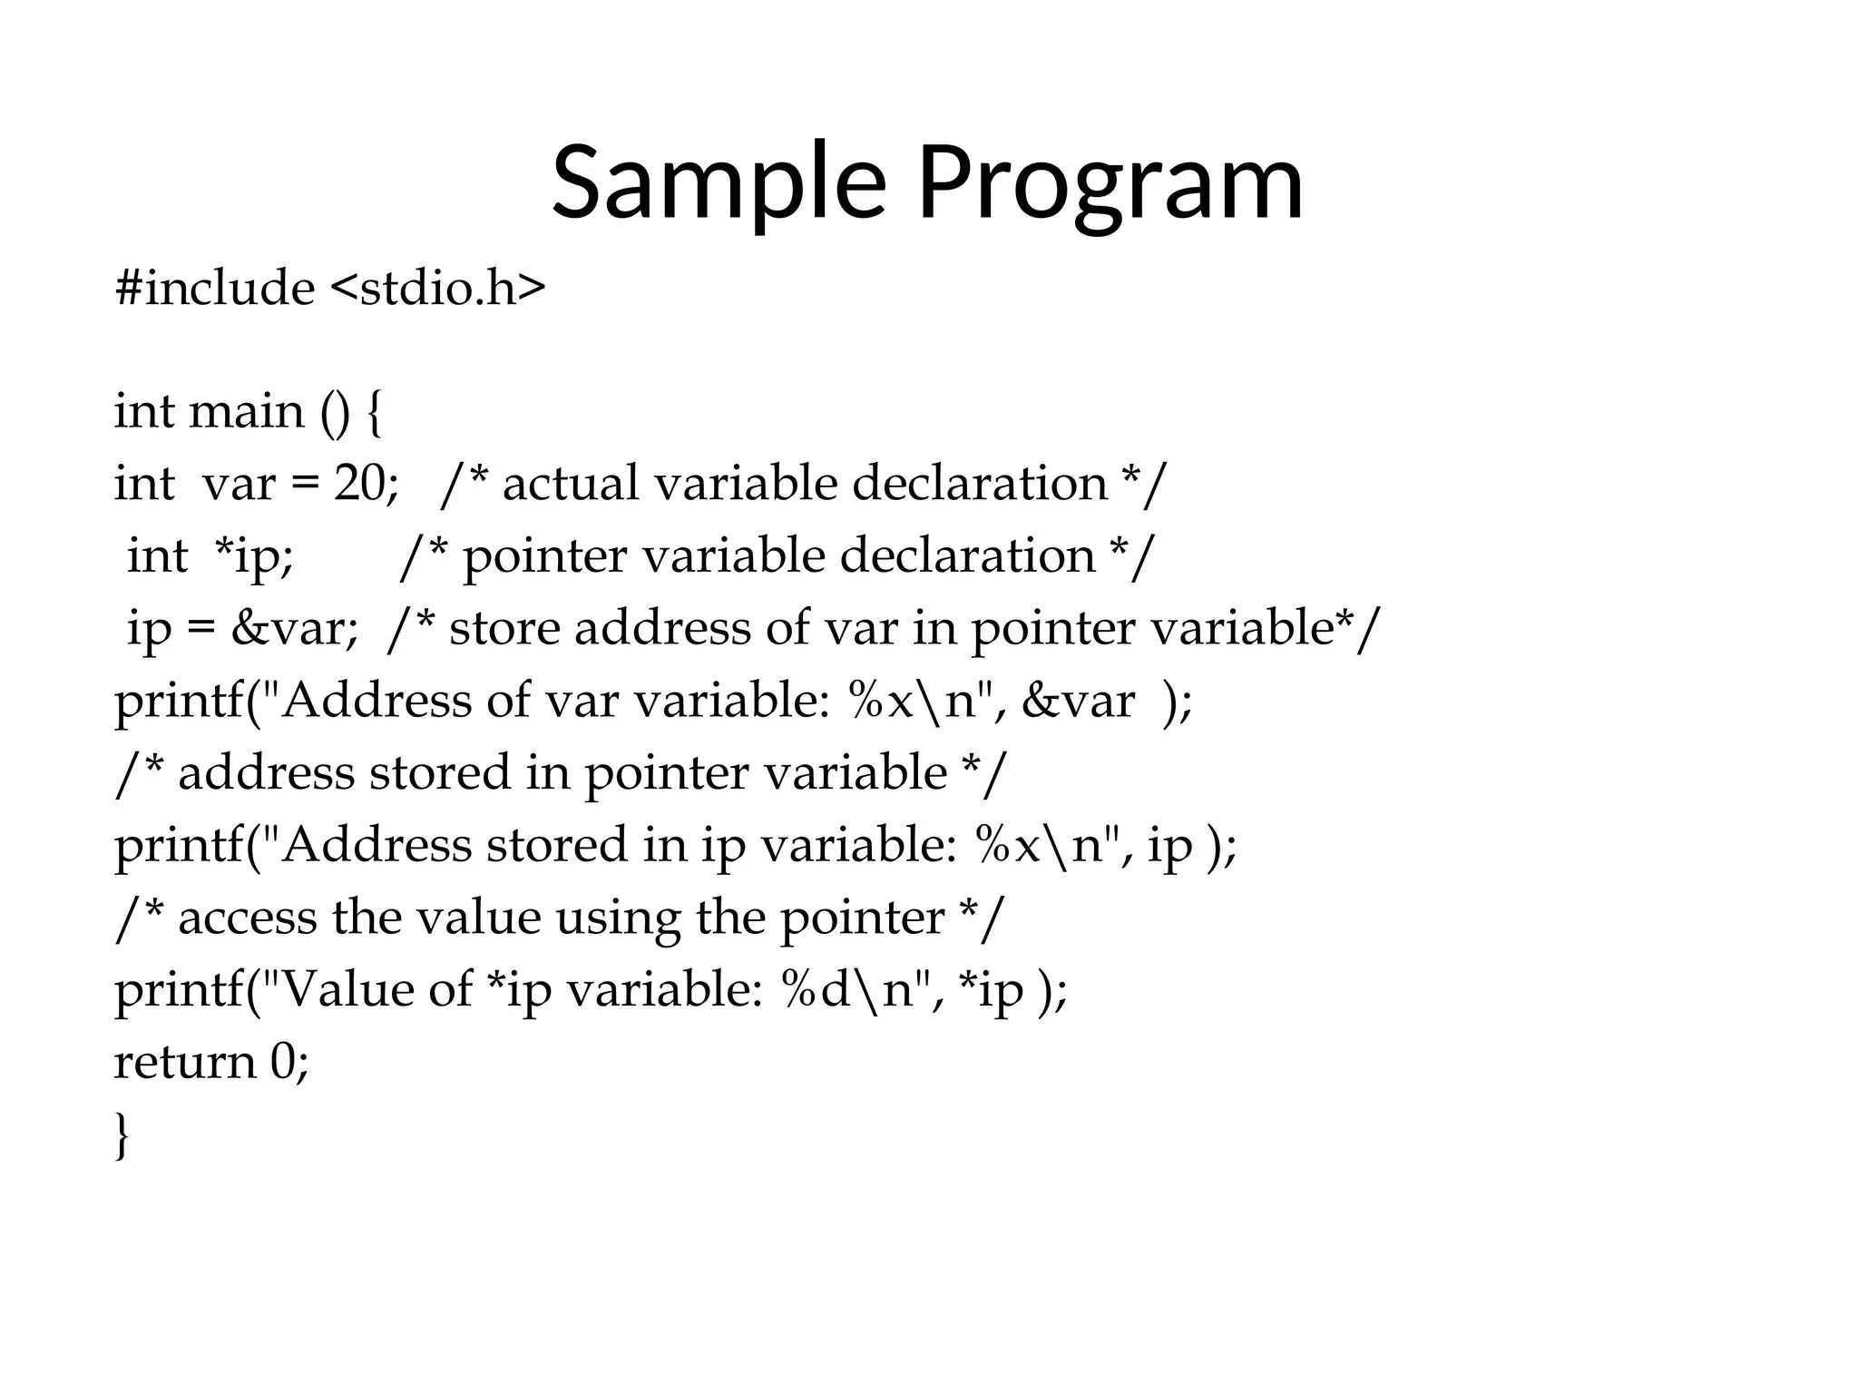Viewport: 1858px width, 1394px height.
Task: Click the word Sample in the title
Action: pos(718,184)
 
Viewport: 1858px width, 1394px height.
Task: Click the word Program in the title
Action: pos(1110,184)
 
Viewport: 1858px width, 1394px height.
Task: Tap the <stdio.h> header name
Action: pos(438,289)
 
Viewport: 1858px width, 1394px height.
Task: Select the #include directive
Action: pos(214,289)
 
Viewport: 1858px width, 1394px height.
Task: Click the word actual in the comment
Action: pos(571,483)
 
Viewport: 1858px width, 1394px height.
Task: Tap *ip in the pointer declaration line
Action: pos(251,555)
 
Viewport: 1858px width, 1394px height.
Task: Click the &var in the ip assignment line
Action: pos(293,628)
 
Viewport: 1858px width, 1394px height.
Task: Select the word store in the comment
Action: pos(504,628)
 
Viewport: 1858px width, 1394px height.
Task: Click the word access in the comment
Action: pos(247,918)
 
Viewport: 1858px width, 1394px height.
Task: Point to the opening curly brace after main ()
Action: pos(374,413)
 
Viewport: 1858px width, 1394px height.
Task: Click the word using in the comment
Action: pos(617,918)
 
